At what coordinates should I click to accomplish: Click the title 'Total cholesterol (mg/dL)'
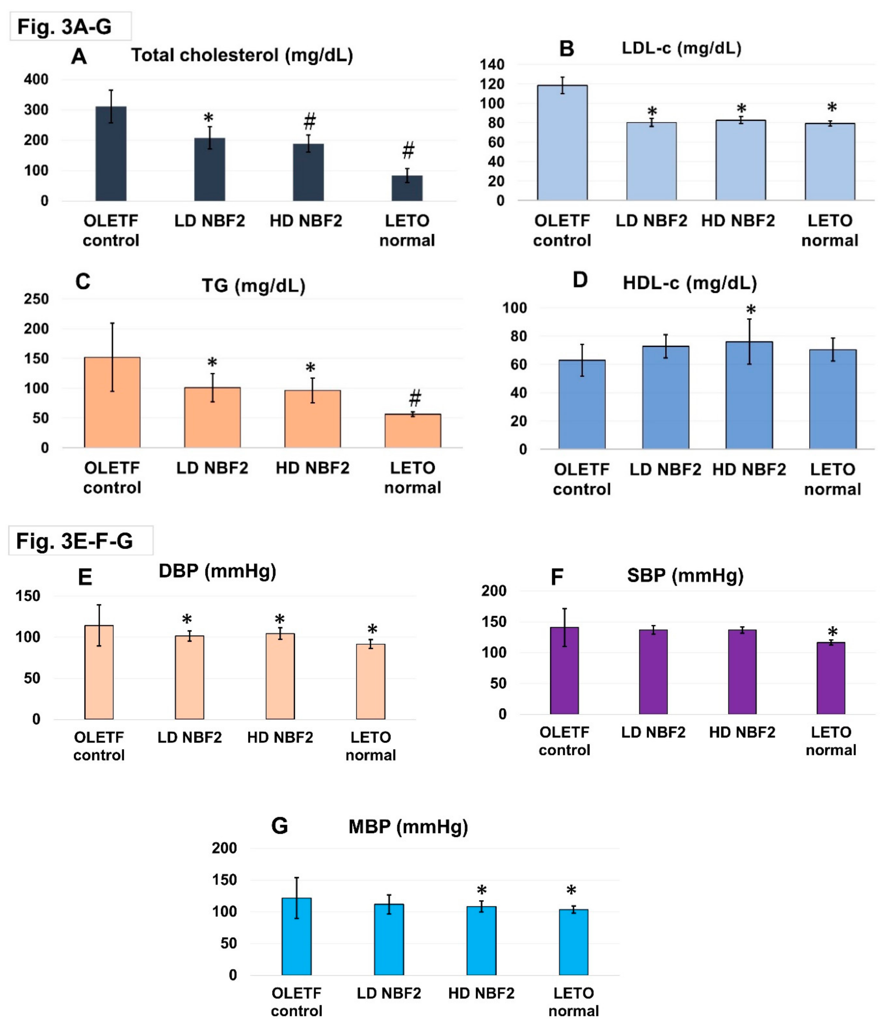(242, 55)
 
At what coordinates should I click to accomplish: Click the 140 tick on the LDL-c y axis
(492, 65)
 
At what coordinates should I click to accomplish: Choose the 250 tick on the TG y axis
(36, 299)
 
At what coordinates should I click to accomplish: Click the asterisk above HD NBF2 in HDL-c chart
(751, 310)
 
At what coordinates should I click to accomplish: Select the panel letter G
(279, 826)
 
